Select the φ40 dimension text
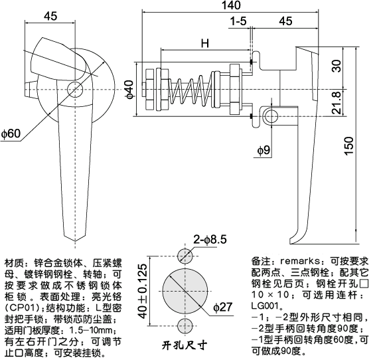[131, 89]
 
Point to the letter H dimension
[205, 44]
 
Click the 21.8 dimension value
[337, 104]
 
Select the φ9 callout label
[263, 151]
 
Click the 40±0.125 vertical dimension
[141, 291]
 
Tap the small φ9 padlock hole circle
[271, 117]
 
